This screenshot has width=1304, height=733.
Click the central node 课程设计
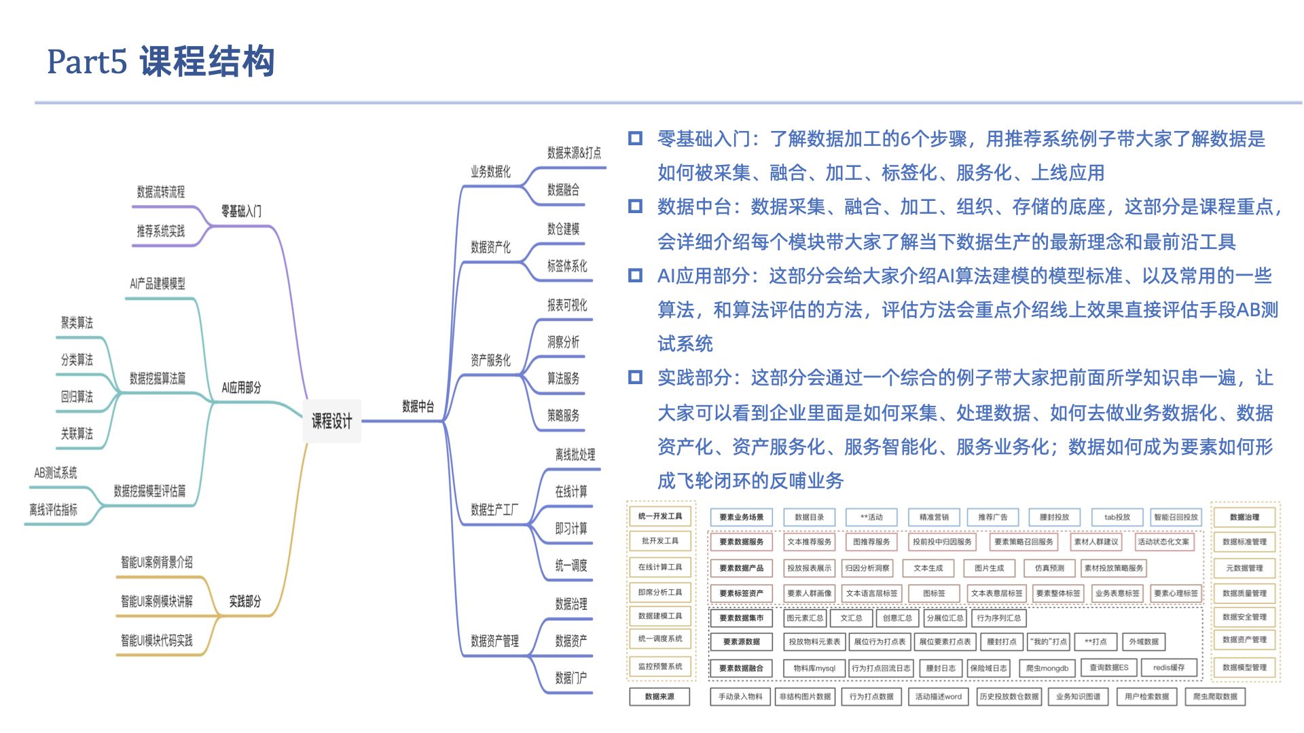331,421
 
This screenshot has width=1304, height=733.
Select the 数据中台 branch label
418,407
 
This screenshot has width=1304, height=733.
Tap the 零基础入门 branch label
240,211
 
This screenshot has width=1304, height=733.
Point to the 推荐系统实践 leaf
160,231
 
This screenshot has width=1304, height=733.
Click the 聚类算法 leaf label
77,322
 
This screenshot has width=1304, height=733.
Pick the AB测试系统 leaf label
56,472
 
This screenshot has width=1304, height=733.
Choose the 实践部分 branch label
244,601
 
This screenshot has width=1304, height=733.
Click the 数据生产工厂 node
494,509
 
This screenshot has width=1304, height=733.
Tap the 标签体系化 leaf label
567,266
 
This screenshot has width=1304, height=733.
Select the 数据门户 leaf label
570,677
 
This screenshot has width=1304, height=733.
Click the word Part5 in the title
87,62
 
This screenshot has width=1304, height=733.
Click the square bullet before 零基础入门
635,138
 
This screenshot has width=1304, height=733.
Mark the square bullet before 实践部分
635,377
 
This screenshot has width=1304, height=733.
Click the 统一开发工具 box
659,516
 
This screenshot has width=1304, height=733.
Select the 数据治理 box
1244,517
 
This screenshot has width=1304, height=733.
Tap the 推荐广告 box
992,517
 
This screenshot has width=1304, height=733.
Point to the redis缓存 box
1168,668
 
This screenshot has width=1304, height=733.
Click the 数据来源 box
659,696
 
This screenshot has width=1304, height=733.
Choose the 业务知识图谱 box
1078,696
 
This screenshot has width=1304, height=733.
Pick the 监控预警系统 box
659,666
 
